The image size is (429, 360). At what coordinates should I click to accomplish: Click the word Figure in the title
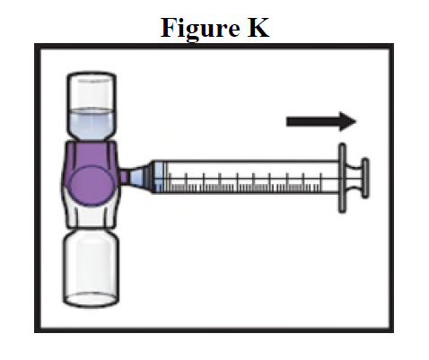point(200,29)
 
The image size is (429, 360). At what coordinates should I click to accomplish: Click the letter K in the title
point(258,28)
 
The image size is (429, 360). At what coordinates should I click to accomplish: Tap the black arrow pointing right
point(321,121)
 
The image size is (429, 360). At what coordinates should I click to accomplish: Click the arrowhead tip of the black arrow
point(356,121)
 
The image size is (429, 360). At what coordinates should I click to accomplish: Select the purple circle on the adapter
point(92,186)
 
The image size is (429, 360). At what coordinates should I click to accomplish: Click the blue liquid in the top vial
point(92,123)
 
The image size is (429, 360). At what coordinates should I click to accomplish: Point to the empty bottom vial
point(91,268)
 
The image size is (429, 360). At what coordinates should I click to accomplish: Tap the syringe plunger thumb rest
point(365,178)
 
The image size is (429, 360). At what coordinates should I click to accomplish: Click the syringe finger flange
point(342,178)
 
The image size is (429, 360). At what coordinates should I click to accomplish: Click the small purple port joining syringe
point(125,177)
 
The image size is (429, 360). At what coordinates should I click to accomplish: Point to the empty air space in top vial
point(92,92)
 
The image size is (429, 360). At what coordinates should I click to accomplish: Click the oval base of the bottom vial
point(91,299)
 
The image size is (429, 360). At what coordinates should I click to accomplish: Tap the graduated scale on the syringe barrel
point(243,183)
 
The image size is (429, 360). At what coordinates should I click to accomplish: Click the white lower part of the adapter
point(91,215)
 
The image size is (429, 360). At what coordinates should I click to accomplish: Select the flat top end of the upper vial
point(92,75)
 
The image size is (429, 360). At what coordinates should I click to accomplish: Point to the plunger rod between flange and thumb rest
point(354,178)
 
